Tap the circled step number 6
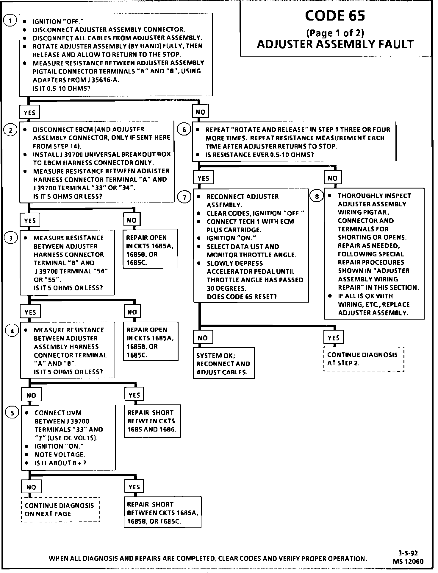pos(184,130)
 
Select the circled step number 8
pos(317,196)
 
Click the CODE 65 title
pos(335,15)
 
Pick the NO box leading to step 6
pos(200,112)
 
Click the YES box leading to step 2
pos(29,113)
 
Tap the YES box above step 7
pos(203,178)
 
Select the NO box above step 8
pos(332,178)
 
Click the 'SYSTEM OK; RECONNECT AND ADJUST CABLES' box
pos(223,363)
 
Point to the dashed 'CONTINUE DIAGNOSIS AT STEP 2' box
pos(364,359)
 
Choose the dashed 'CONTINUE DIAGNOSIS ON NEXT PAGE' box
pos(60,510)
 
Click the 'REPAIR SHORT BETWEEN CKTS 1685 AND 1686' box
pos(152,421)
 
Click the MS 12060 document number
pos(408,561)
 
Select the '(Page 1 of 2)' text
pos(335,32)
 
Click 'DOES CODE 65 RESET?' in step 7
pos(242,297)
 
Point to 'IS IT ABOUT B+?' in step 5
pos(60,463)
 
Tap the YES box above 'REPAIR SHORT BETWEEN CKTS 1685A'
pos(134,487)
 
